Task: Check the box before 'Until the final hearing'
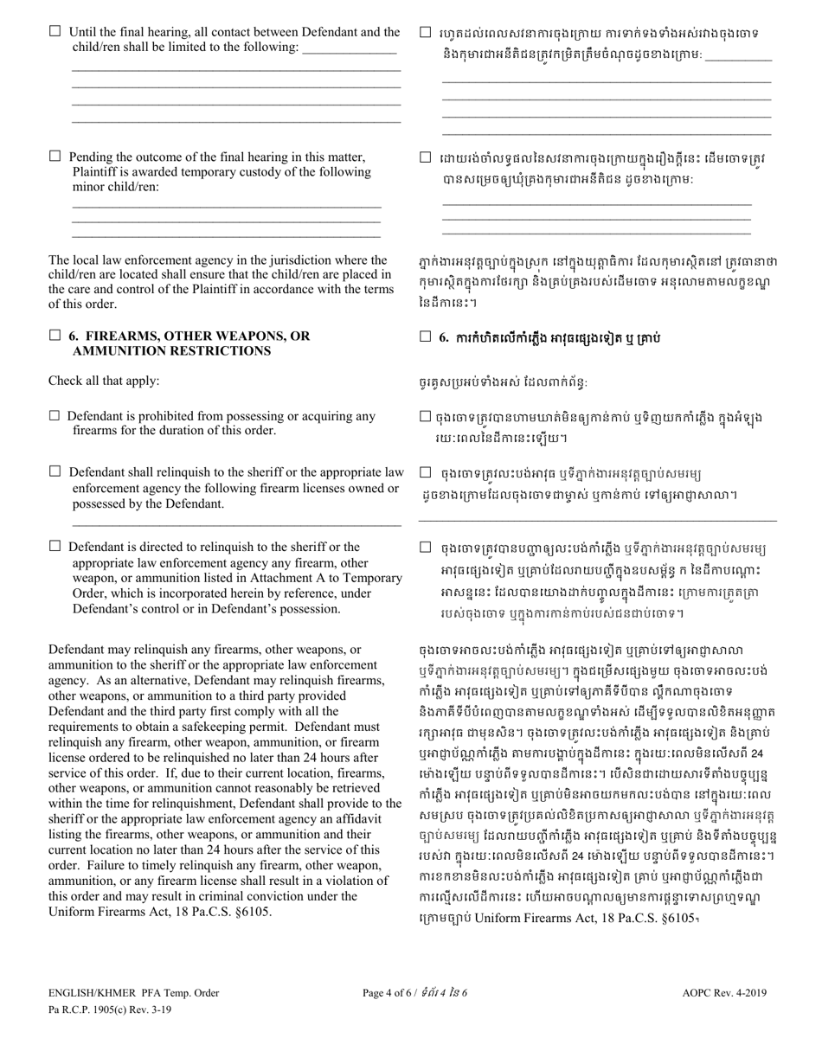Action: tap(55, 32)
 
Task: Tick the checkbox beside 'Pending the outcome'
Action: tap(55, 157)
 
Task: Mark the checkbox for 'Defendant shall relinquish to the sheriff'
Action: tap(55, 471)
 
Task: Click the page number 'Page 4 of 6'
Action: tap(390, 1017)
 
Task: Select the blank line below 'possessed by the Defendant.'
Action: tap(235, 524)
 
